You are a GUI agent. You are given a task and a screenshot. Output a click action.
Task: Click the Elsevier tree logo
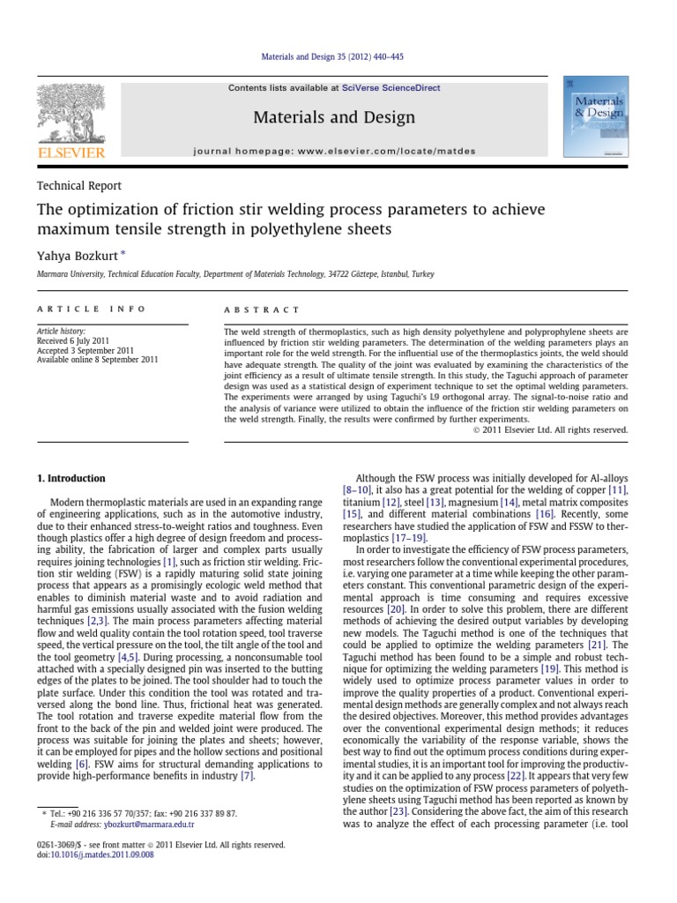pos(70,112)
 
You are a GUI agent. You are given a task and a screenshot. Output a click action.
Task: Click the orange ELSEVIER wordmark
pos(70,153)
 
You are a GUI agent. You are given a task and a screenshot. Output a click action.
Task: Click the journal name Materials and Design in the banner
pos(334,116)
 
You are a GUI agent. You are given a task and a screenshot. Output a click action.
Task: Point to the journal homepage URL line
pos(334,152)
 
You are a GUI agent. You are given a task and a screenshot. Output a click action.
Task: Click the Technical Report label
pos(78,185)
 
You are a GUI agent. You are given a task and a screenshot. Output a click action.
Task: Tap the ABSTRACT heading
pos(264,310)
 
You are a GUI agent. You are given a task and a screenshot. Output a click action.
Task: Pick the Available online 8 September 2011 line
pos(97,360)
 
